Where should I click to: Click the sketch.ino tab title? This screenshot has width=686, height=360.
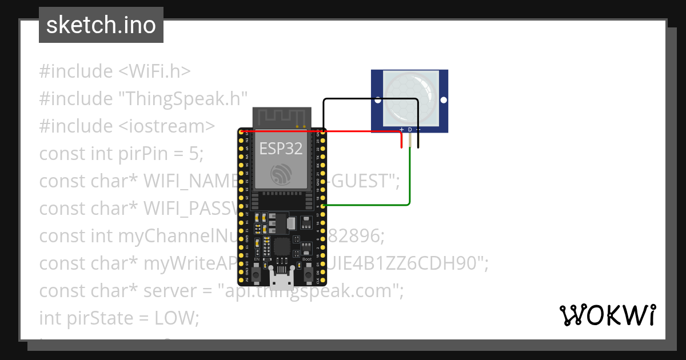point(101,26)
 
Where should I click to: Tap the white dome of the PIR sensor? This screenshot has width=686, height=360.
point(409,97)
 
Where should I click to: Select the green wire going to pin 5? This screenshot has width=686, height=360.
point(372,205)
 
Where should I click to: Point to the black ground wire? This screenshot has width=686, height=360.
point(372,99)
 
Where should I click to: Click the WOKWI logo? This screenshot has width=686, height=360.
point(607,315)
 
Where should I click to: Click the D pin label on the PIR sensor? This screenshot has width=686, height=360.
point(410,130)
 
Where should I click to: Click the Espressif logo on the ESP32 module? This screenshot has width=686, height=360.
point(281,174)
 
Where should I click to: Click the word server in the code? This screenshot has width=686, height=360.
point(171,291)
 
